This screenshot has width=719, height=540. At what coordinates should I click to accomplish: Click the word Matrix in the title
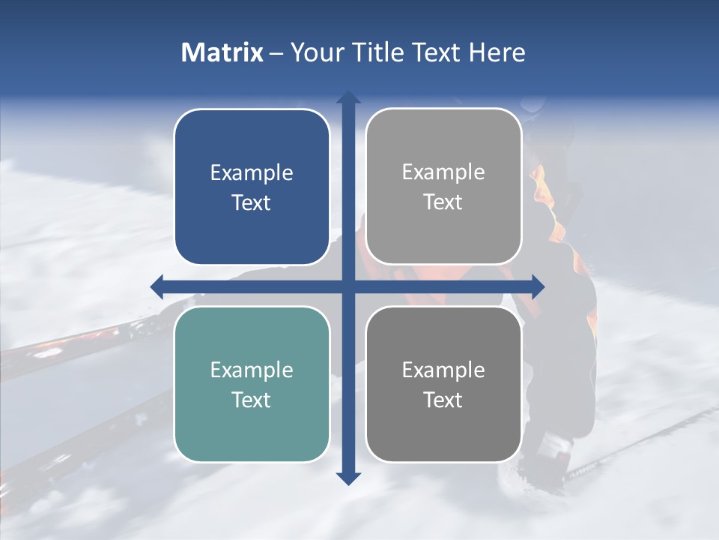point(222,52)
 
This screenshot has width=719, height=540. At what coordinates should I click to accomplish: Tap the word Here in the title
point(497,52)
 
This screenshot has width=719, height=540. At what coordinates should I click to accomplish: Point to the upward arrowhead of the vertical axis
point(348,97)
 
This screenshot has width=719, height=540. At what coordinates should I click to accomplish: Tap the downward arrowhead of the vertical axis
point(348,478)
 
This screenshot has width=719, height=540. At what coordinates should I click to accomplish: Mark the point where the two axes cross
point(348,286)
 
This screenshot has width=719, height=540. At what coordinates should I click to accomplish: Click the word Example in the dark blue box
point(252,173)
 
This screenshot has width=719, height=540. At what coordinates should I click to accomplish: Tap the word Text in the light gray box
point(443,202)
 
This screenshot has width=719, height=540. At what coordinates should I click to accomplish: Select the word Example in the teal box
point(252,370)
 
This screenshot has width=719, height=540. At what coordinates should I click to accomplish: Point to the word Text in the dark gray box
point(443,400)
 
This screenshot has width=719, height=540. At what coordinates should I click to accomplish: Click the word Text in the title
point(434,52)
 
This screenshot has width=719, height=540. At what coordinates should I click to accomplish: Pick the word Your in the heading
point(314,52)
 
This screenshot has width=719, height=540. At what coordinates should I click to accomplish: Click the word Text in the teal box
point(252,400)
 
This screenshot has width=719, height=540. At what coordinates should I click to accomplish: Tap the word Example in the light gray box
point(443,172)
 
